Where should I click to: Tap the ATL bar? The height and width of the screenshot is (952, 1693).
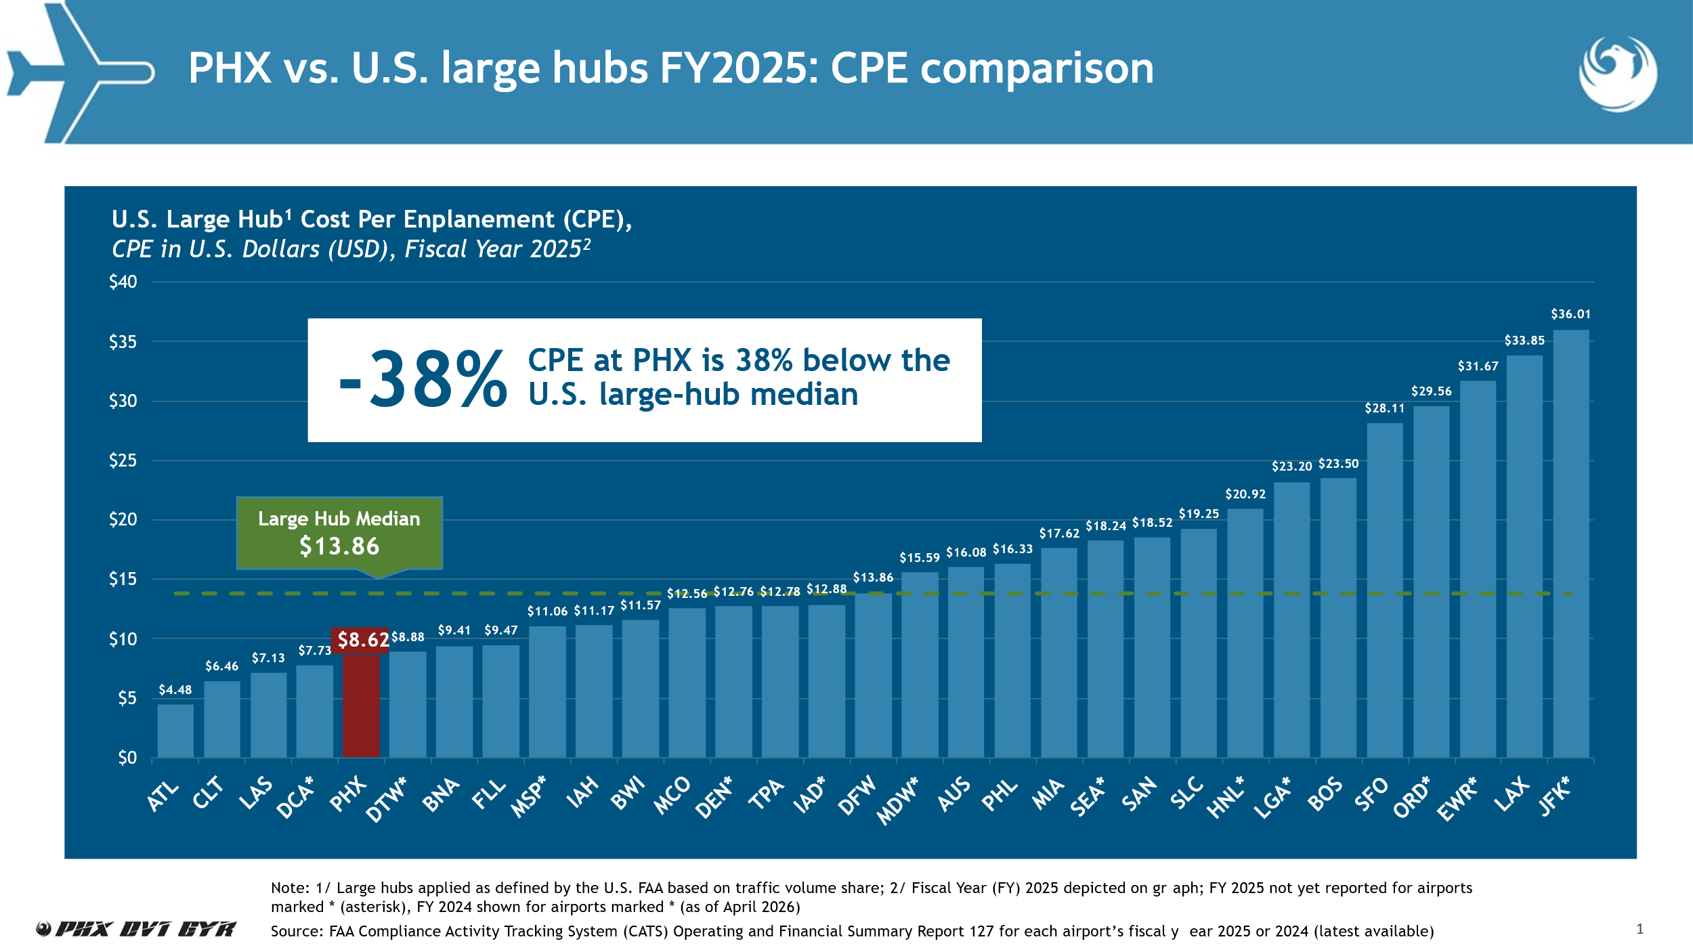click(x=175, y=731)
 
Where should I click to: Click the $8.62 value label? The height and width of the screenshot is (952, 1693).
click(x=363, y=640)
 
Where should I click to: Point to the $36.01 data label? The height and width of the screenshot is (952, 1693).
click(x=1570, y=314)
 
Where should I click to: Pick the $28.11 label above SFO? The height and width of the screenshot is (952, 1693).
click(x=1384, y=408)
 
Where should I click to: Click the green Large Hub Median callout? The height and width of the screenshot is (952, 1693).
click(x=339, y=534)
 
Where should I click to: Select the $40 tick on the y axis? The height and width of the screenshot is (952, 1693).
click(x=123, y=282)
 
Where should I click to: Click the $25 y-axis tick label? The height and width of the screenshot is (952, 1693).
click(x=123, y=460)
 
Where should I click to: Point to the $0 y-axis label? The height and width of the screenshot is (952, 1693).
click(x=127, y=758)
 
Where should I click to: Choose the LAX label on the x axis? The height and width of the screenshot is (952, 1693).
click(x=1512, y=794)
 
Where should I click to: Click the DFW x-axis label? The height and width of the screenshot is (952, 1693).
click(x=857, y=795)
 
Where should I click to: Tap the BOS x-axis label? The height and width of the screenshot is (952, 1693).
click(x=1324, y=794)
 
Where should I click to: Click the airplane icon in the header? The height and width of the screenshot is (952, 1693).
click(x=80, y=73)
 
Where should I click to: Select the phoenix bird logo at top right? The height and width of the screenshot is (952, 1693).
click(x=1618, y=73)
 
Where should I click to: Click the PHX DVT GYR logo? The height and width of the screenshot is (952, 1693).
click(x=137, y=929)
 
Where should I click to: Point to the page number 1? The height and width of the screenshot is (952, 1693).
click(x=1640, y=929)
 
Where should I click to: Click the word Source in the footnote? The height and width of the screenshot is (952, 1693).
click(x=297, y=932)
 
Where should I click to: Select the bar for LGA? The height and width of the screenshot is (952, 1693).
click(x=1291, y=620)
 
